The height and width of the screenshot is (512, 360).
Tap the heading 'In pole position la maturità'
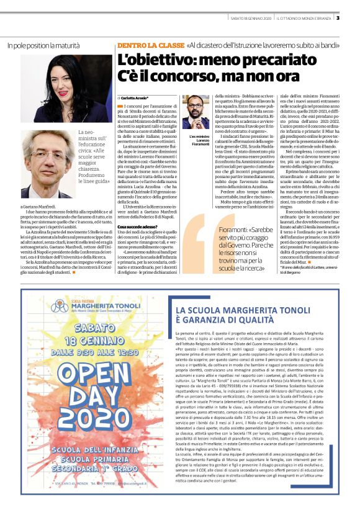(x=43, y=45)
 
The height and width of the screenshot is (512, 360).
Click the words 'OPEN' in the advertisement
(x=81, y=387)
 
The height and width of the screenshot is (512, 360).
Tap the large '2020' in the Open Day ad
(x=81, y=423)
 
